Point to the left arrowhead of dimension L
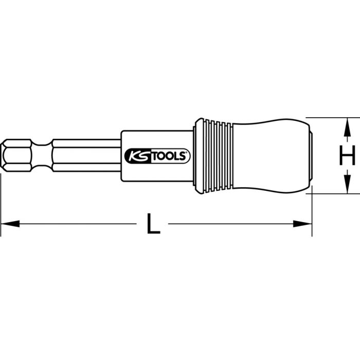(10, 224)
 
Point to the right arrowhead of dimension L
(303, 224)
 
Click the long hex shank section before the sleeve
(85, 155)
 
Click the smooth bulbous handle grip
(267, 155)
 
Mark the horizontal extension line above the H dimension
(334, 117)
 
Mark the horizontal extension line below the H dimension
(334, 194)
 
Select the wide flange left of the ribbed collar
(199, 155)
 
